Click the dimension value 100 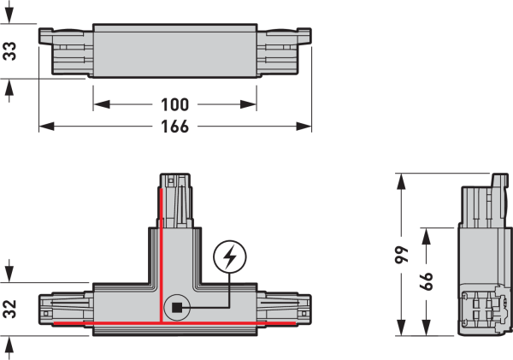[175, 104]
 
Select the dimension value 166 [175, 127]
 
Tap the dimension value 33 [9, 51]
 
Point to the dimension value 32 [9, 309]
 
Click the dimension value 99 [402, 255]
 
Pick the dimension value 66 [426, 280]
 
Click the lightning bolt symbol [230, 257]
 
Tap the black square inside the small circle [177, 308]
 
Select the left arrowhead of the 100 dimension [102, 104]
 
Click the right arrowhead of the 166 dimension [304, 127]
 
